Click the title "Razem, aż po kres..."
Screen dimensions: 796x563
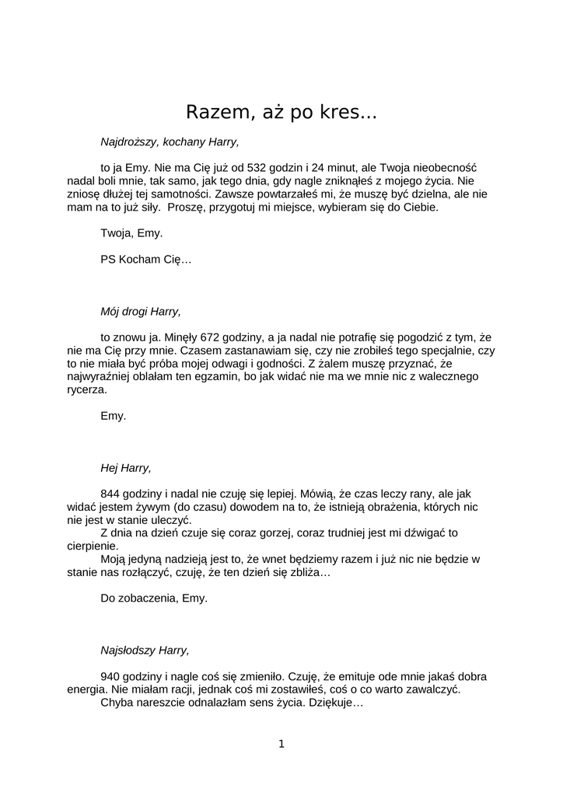tap(281, 113)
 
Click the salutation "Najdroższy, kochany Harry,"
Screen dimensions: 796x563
tap(170, 142)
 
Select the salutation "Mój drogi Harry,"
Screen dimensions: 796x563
tap(140, 312)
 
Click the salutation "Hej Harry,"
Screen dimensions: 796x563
tap(126, 468)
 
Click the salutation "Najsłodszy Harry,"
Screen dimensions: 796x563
tap(145, 651)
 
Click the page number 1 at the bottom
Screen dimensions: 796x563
tap(281, 744)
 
